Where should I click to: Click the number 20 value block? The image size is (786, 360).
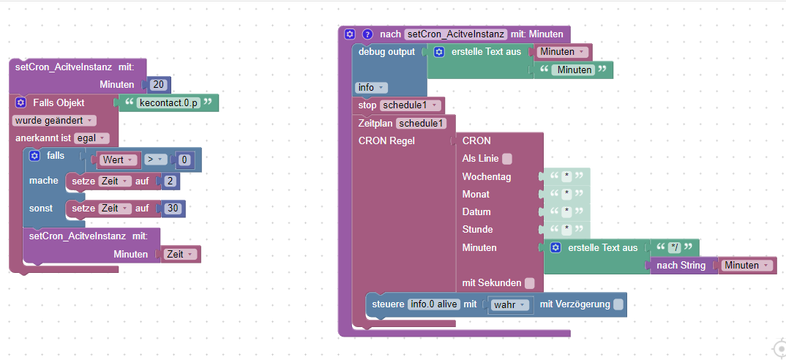tap(158, 85)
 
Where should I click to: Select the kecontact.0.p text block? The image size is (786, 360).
tap(168, 102)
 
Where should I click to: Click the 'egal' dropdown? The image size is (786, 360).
tap(91, 138)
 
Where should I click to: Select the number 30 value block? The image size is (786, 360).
tap(173, 209)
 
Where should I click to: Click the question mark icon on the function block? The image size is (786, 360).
tap(367, 34)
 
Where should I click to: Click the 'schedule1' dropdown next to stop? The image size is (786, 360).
tap(411, 105)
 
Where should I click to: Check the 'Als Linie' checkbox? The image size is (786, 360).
tap(507, 158)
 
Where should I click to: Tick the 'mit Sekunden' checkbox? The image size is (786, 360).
tap(529, 282)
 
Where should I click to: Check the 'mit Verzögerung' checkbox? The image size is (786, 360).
tap(618, 304)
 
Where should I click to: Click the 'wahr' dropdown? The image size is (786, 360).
tap(510, 304)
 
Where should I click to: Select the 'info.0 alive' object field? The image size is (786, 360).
tap(433, 304)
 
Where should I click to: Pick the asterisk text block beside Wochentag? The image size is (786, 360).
tap(566, 177)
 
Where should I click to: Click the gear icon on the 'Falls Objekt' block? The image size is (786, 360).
tap(20, 102)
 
